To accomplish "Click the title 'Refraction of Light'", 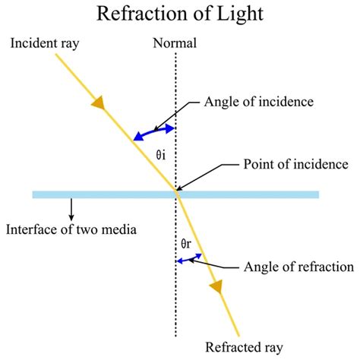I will coord(179,14).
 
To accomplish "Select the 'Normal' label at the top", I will coord(176,43).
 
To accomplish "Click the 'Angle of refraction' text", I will coord(298,267).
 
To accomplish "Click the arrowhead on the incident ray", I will coord(99,102).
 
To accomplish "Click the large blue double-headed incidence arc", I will coord(155,133).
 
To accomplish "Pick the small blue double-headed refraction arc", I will coord(189,259).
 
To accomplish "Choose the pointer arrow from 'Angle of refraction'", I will coord(221,264).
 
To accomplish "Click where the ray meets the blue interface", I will coord(177,194).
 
